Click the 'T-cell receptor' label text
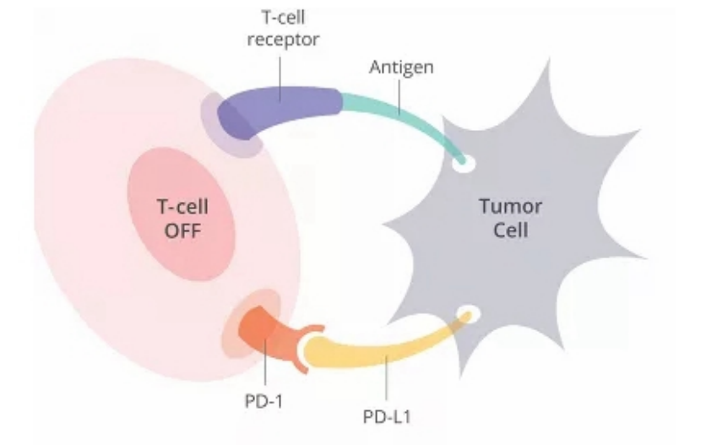coord(283,28)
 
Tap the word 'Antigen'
coord(401,68)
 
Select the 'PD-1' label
coord(264,401)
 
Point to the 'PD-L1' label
coord(386,417)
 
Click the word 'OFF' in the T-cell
coord(182,231)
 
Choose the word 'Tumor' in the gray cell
coord(511,206)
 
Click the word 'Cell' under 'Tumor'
coord(511,230)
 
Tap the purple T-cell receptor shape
coord(278,111)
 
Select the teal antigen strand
coord(401,125)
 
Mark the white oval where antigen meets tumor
coord(464,164)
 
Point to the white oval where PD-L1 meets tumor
coord(469,313)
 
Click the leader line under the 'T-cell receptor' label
coord(280,79)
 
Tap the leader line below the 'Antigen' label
coord(399,97)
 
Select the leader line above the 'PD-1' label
coord(264,361)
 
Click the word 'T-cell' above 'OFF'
coord(182,207)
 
